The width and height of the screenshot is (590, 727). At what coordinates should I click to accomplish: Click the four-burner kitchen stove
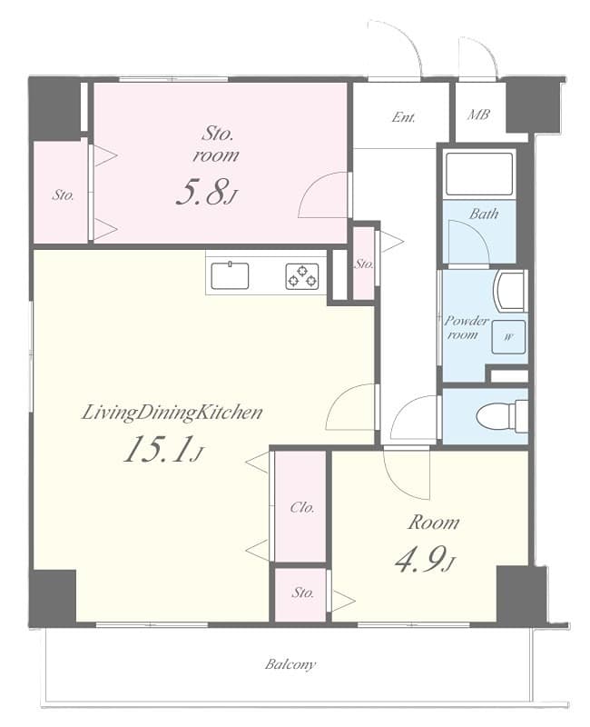[303, 275]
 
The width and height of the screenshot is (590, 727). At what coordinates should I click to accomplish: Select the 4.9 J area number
[423, 561]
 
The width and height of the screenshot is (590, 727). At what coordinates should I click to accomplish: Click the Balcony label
[290, 664]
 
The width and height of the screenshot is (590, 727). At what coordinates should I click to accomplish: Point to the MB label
[477, 115]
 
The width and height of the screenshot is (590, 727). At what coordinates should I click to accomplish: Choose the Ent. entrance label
[404, 117]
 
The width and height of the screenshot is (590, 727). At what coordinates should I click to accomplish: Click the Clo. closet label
[301, 508]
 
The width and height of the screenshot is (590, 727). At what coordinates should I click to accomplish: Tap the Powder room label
[466, 327]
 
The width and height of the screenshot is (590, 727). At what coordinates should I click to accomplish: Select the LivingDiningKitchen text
[172, 413]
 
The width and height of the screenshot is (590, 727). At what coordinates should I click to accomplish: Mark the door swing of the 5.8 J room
[326, 195]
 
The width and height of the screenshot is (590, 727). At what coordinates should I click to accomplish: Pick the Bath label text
[483, 214]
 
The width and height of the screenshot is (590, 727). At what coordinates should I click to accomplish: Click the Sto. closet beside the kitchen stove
[364, 264]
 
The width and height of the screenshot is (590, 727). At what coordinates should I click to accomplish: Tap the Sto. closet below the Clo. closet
[302, 593]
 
